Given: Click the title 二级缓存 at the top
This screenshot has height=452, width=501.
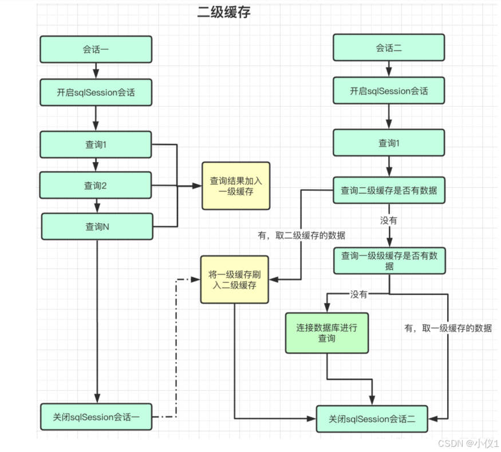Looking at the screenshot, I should [224, 13].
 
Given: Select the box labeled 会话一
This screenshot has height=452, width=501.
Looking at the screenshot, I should [96, 49].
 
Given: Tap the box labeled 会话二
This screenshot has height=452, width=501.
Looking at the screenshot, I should [389, 48].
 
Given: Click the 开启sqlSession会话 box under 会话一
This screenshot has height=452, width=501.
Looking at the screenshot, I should [96, 92].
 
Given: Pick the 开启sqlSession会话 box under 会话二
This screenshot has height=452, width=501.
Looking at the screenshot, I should [389, 91].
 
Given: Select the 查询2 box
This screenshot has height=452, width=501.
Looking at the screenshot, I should [96, 186].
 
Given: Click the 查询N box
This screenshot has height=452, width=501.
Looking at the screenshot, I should [97, 227].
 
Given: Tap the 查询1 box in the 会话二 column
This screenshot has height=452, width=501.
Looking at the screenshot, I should [389, 143].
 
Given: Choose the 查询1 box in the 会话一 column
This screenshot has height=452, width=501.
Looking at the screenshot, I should [96, 145].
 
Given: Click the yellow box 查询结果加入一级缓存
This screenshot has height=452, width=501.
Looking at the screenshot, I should [236, 186].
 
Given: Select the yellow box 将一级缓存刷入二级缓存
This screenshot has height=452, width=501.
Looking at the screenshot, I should [234, 279].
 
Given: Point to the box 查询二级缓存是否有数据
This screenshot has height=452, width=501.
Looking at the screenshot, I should [389, 190].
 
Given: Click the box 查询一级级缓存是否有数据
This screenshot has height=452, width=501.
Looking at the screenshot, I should [389, 261].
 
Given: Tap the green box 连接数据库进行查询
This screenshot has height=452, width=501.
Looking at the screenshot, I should [327, 333].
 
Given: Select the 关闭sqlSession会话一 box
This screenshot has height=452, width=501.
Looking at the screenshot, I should [96, 417].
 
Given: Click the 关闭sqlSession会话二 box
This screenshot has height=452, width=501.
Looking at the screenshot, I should [372, 419].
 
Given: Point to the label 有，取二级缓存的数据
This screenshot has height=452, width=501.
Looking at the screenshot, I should [301, 235].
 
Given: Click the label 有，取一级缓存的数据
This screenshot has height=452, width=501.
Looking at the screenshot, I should [448, 328].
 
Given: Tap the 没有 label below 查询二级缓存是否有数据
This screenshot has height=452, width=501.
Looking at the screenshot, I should [389, 220].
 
